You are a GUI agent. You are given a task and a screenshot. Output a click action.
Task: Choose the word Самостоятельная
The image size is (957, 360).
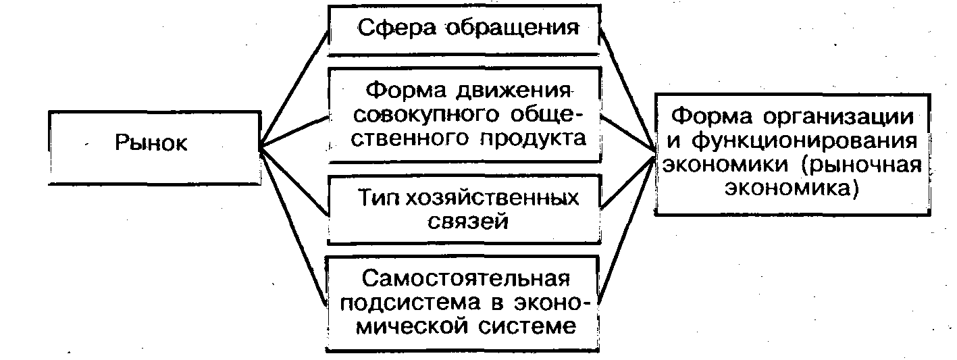click(x=465, y=278)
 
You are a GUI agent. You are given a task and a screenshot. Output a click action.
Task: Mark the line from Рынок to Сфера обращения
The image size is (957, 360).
click(x=293, y=88)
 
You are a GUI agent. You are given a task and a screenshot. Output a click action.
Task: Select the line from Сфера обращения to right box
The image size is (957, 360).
click(x=627, y=88)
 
